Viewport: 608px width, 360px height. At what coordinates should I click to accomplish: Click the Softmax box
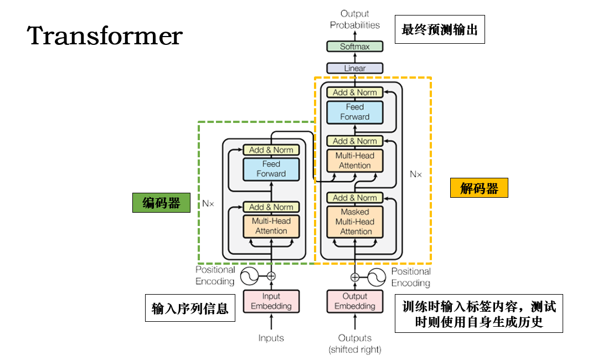355,47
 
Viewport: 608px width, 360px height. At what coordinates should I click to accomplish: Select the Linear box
355,68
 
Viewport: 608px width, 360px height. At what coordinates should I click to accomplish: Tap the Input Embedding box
271,301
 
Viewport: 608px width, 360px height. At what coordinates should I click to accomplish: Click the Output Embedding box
355,301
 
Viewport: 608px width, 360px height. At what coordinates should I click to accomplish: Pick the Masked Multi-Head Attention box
355,222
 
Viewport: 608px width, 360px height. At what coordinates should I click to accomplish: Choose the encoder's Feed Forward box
271,169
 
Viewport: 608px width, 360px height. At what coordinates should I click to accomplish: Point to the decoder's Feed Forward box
355,112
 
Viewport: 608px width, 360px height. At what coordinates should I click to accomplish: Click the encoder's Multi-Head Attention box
271,226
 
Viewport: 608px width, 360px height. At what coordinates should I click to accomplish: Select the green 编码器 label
161,203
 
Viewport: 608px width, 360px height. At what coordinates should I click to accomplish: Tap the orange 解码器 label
479,188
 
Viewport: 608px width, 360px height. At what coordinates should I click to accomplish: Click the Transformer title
105,35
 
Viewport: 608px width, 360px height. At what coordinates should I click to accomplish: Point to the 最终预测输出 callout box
440,29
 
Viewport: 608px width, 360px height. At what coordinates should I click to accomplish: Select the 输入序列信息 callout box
190,308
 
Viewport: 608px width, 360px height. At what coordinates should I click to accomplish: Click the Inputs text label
271,338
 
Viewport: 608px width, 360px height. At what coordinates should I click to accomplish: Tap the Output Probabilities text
355,19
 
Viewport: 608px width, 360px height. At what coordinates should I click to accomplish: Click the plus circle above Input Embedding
271,276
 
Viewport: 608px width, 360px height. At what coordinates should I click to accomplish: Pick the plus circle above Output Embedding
355,277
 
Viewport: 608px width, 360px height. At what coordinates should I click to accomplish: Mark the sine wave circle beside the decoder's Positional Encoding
377,277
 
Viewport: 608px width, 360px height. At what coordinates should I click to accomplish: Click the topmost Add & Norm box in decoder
355,92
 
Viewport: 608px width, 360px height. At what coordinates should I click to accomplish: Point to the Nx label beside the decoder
416,174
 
